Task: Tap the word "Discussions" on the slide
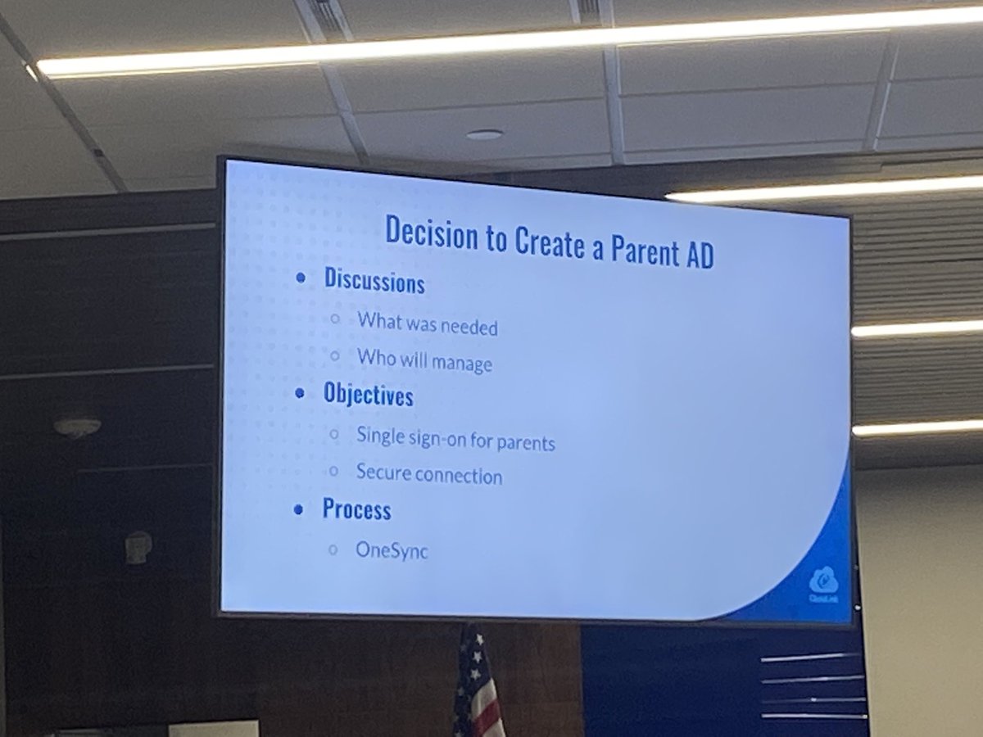click(x=374, y=281)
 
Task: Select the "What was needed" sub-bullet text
click(x=427, y=323)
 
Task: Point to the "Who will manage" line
click(x=424, y=360)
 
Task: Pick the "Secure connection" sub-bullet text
click(x=429, y=474)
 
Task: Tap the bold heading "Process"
click(x=356, y=509)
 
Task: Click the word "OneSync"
click(x=392, y=551)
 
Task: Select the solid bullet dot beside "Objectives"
click(x=301, y=393)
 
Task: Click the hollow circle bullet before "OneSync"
click(x=333, y=549)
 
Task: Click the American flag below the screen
click(x=477, y=684)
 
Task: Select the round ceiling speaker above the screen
click(x=484, y=134)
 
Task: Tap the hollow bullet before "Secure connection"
click(x=333, y=471)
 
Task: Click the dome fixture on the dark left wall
click(x=77, y=425)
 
